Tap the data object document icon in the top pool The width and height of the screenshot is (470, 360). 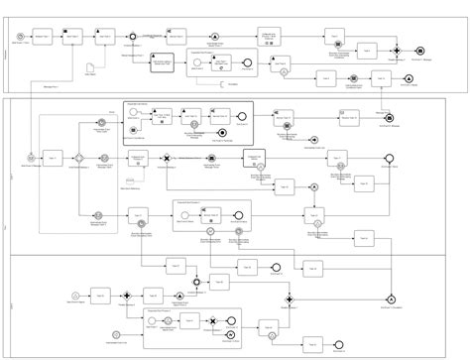[x=89, y=66]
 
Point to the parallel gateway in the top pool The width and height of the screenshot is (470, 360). [x=396, y=50]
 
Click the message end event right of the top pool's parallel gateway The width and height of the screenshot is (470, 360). [x=420, y=50]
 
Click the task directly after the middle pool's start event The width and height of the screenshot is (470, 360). [x=51, y=158]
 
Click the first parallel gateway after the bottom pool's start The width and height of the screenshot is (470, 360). [x=127, y=295]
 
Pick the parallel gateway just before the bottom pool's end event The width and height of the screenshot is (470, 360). [x=289, y=297]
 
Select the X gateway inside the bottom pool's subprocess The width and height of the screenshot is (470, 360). [x=211, y=321]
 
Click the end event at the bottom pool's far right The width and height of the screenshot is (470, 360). [x=393, y=297]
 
